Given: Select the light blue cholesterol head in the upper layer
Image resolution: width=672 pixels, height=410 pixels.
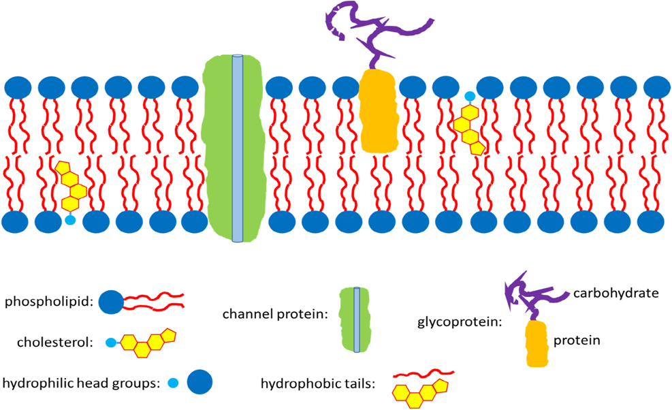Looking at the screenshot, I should [468, 97].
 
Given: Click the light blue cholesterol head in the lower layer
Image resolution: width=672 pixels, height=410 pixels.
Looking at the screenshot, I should [69, 219].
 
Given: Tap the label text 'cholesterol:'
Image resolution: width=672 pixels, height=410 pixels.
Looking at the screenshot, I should [46, 343].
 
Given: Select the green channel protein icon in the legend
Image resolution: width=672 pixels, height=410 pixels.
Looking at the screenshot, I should [356, 319].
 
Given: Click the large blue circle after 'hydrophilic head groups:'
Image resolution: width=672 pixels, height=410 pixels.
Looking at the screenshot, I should [199, 383].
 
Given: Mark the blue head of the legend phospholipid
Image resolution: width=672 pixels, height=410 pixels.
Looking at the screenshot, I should [111, 301].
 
